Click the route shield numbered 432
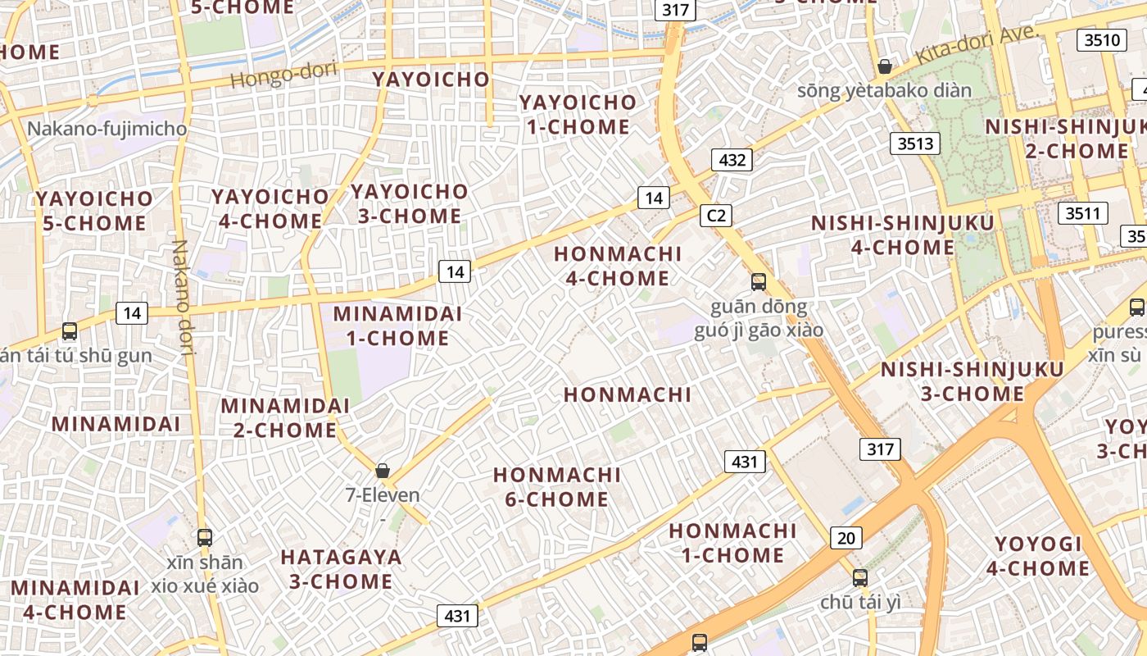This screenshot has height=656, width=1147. pos(732,160)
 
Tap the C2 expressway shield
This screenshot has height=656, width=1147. pos(716,216)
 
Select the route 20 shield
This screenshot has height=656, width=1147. pos(846,538)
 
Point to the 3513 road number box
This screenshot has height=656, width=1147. pos(915,143)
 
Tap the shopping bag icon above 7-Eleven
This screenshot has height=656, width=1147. pos(382,471)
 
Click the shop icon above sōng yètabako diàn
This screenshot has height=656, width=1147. pos(885,66)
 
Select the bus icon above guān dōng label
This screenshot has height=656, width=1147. pos(759,282)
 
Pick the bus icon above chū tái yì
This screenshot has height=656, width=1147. pos(859,577)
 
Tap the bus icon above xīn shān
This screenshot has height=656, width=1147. pos(205,538)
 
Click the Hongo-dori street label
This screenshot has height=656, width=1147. pos(283,75)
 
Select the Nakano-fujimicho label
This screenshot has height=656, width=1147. pos(107,129)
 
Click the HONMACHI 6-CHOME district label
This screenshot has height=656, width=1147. pos(557,487)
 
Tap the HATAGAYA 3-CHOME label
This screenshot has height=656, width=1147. pos(341,569)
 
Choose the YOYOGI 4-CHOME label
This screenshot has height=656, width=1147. pos(1038,556)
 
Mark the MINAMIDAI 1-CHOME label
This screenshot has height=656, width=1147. pos(397,326)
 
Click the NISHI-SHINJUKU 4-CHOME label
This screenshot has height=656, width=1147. pos(902,235)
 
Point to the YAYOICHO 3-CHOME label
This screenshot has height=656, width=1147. pos(409,203)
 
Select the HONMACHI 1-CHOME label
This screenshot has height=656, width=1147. pos(732,543)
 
